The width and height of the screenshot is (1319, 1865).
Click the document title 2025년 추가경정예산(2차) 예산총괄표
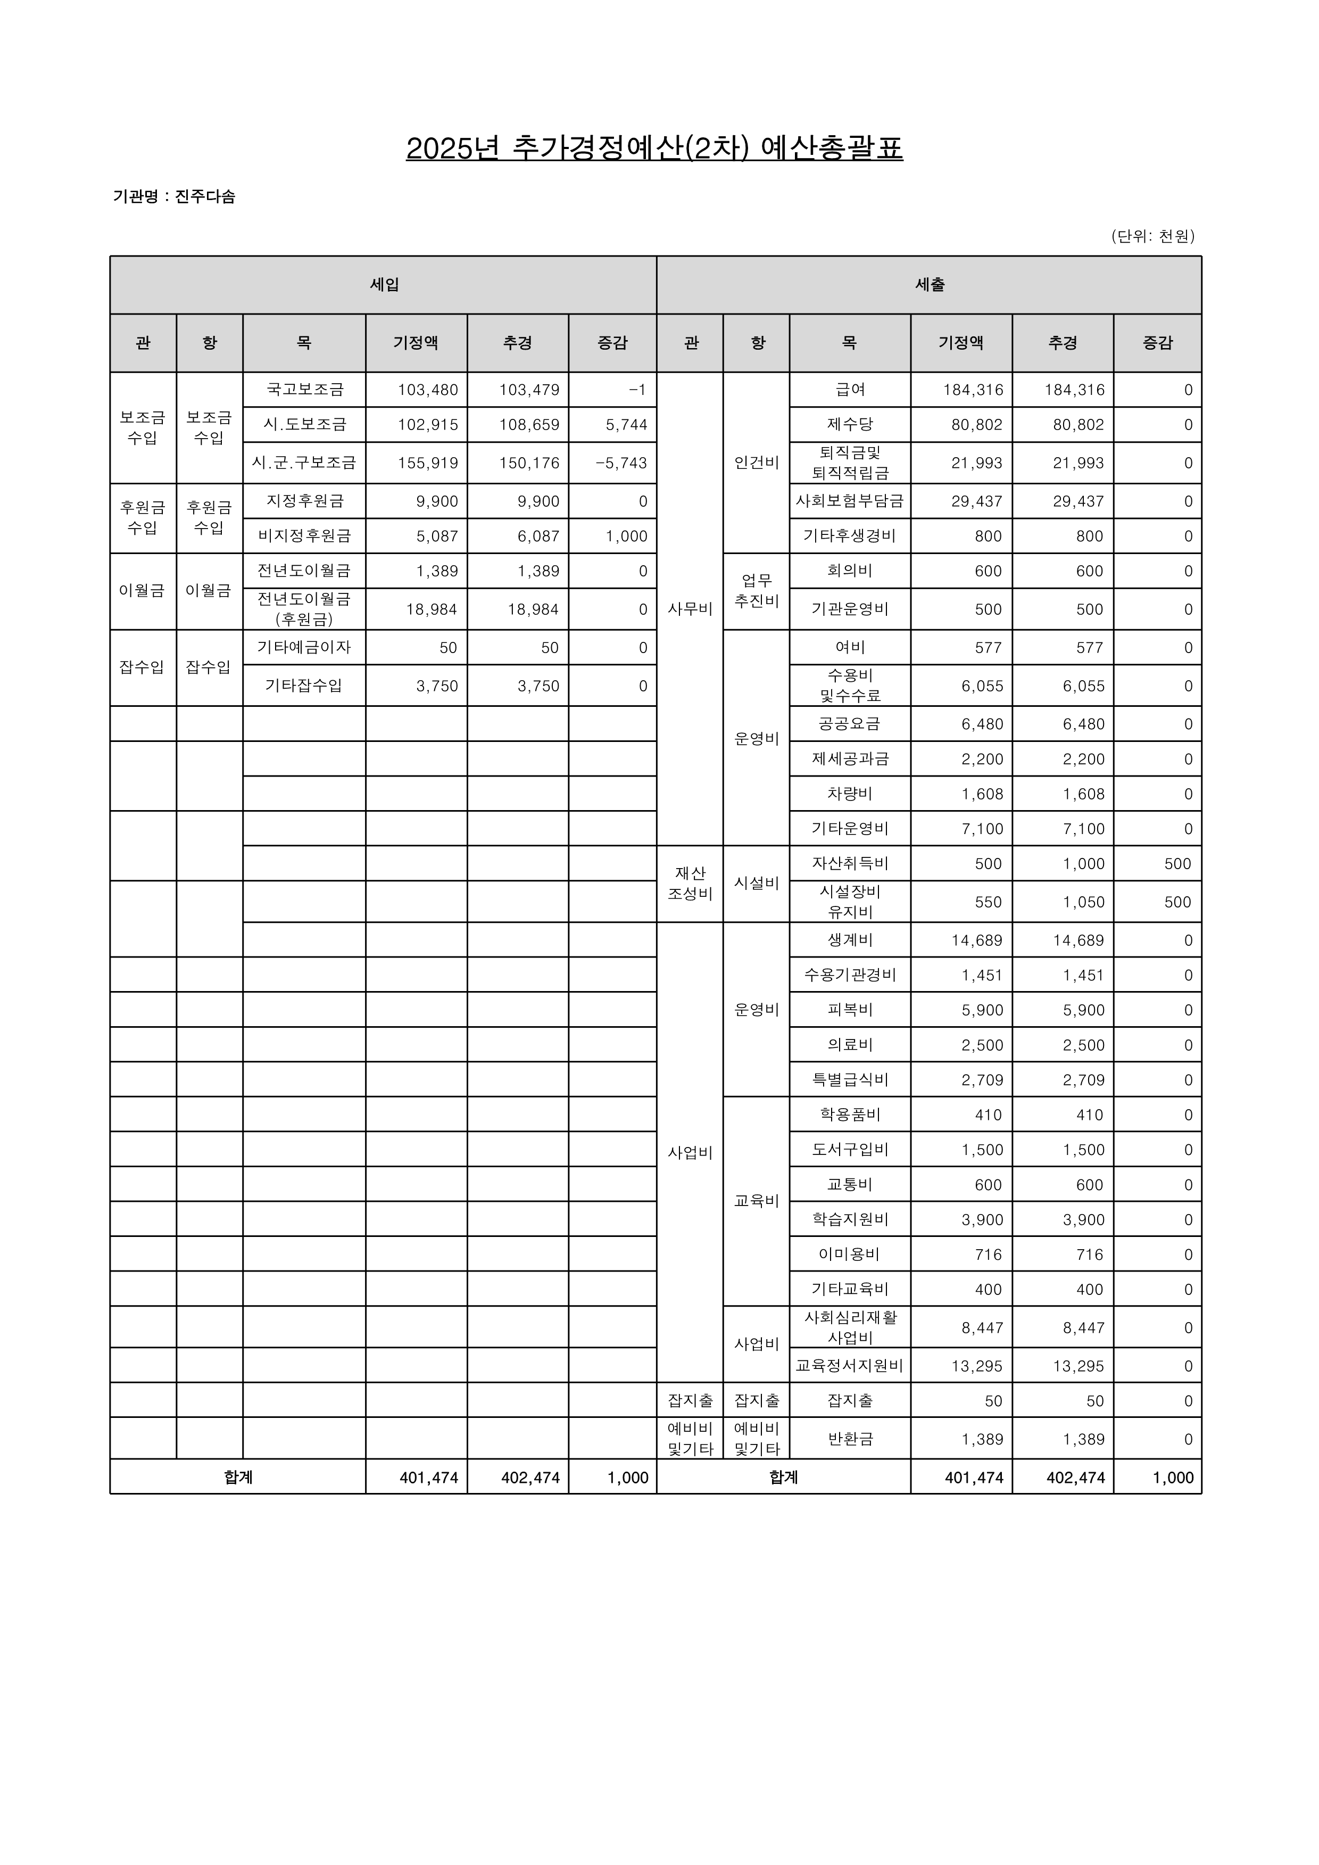pos(654,148)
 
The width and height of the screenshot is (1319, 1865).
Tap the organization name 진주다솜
pos(205,196)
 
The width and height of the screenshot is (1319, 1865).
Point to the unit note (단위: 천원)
pos(1152,236)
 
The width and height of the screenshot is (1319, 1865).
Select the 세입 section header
pos(384,284)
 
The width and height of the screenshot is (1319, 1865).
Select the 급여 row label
pos(850,390)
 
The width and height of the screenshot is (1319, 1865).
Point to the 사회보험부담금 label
pos(850,501)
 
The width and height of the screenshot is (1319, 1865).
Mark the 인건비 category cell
pos(756,463)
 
